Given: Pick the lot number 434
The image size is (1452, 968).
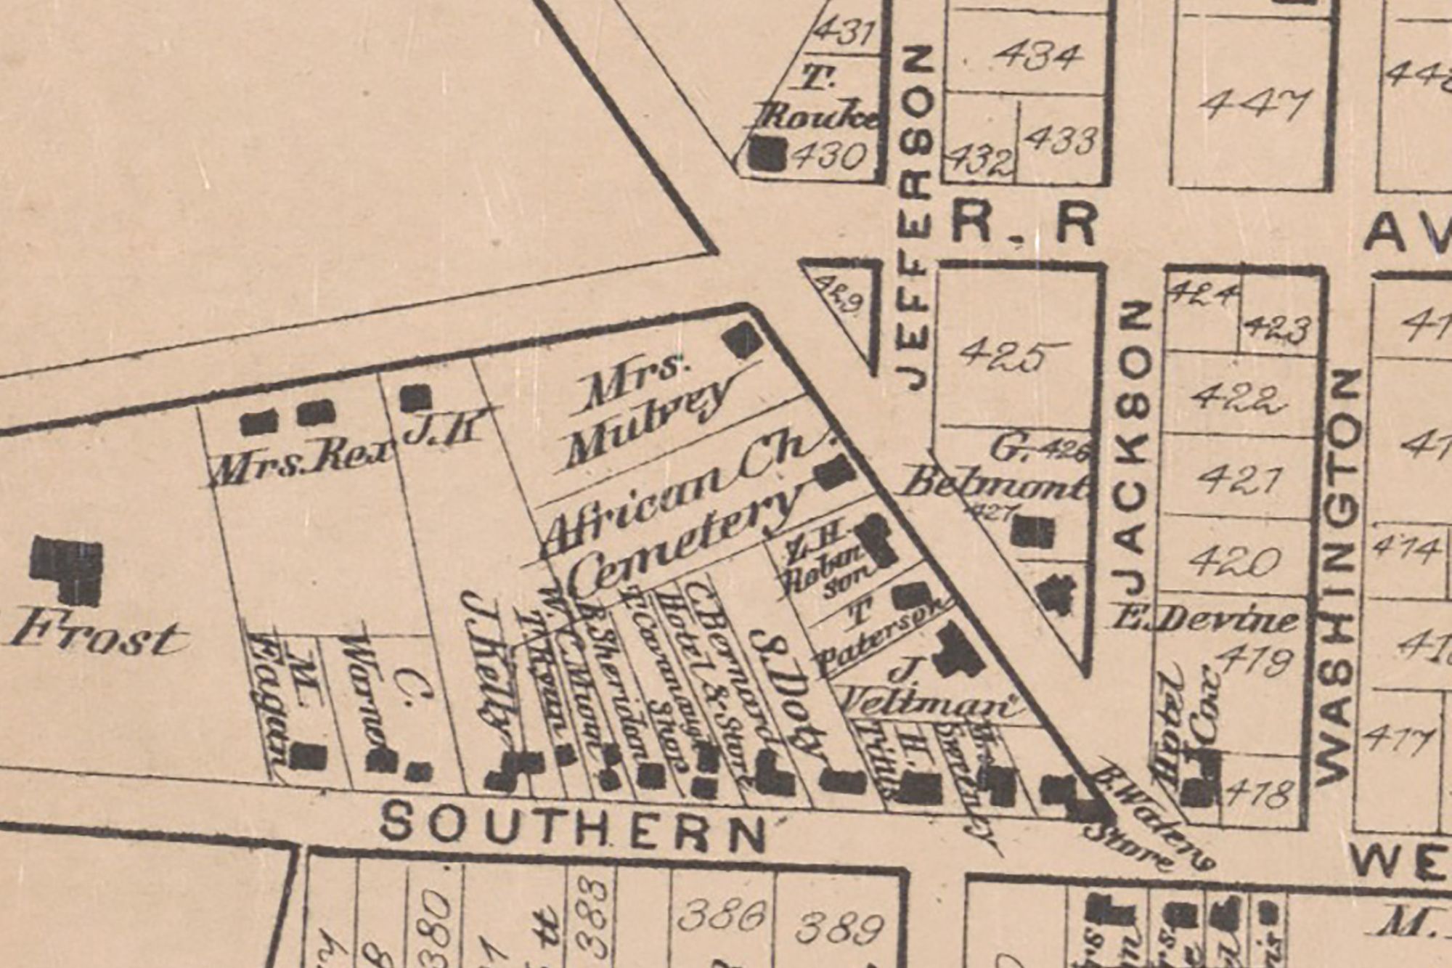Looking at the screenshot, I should (x=1037, y=57).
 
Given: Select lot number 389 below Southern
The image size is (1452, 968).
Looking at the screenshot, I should (x=841, y=928).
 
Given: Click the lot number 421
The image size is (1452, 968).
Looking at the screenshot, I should (x=1234, y=479).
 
